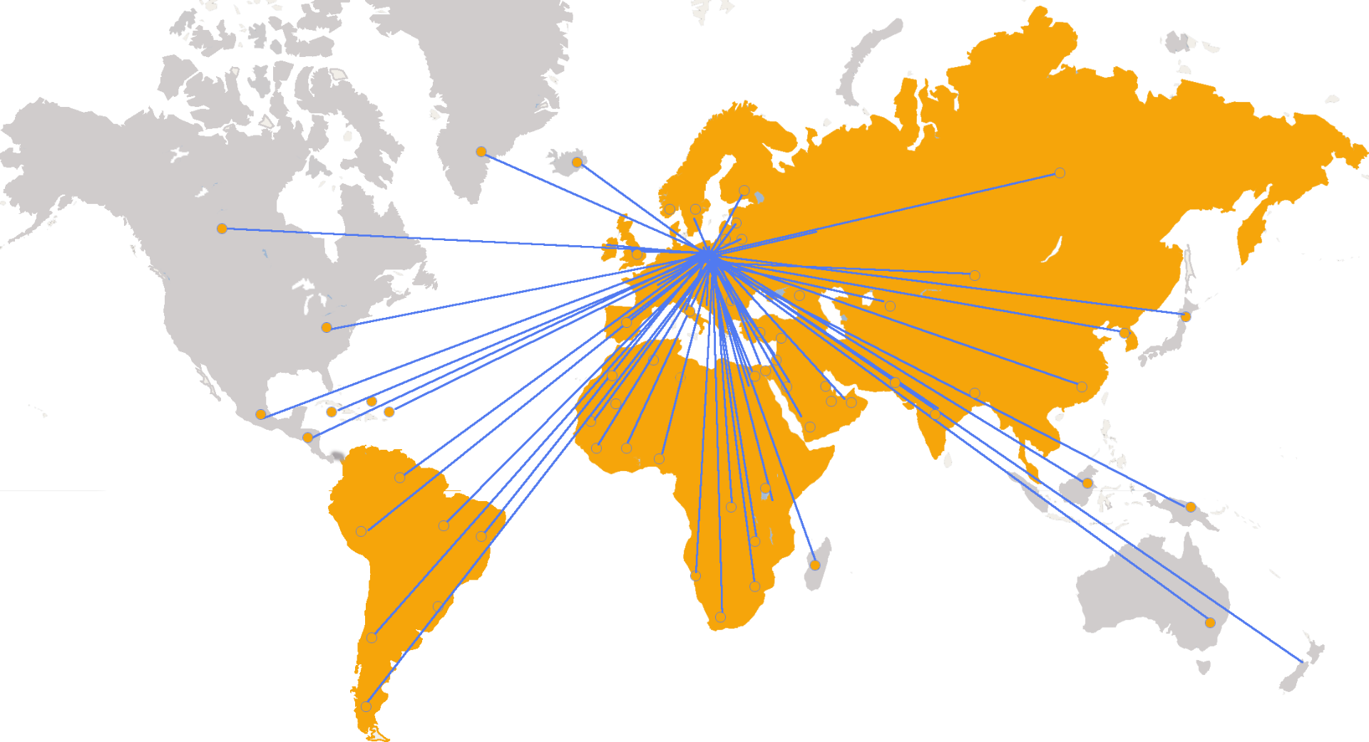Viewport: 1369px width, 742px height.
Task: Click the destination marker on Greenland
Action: (481, 152)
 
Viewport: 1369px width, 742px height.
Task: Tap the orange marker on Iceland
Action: (577, 163)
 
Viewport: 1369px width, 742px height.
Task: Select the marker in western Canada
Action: (222, 229)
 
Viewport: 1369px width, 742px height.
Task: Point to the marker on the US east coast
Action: (327, 328)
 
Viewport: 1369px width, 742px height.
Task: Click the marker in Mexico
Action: (261, 415)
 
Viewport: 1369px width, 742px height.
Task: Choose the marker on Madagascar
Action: (815, 565)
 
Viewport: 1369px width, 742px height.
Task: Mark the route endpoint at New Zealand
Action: (1302, 663)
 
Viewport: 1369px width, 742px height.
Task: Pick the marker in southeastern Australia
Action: (1210, 623)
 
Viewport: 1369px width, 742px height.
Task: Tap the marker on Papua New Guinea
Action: (1191, 507)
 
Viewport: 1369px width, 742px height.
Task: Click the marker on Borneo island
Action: (1087, 483)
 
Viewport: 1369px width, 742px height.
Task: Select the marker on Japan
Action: (1186, 316)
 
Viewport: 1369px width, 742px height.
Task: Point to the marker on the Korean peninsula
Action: (1124, 333)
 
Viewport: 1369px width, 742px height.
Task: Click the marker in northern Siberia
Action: (1060, 173)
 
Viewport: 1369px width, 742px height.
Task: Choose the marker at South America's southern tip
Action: (366, 707)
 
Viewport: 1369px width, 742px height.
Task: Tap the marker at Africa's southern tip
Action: (720, 617)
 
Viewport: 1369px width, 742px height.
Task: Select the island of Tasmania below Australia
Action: (1204, 667)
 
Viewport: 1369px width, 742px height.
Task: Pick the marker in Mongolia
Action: (975, 276)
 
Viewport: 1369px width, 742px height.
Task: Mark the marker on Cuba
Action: (332, 412)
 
